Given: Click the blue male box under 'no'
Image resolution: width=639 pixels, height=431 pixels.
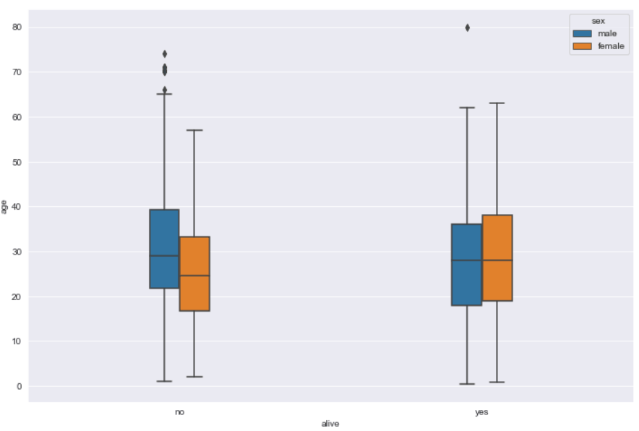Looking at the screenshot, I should coord(164,249).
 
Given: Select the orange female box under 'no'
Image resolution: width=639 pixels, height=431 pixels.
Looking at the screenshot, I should coord(194,273).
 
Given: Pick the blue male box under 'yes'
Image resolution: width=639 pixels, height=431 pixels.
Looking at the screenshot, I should coord(466,265).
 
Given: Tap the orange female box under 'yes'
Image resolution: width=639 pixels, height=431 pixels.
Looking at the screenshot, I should coord(497,257).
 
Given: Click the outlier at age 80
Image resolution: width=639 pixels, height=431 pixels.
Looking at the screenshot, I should coord(467,27).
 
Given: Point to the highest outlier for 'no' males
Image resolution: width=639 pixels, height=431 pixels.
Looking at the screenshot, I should coord(165,54).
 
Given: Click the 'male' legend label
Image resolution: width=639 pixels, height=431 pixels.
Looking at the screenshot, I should coord(607,33).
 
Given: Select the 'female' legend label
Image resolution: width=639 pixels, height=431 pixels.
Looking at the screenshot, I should coord(610,46).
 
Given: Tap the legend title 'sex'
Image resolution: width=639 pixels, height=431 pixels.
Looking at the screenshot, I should coord(598,21).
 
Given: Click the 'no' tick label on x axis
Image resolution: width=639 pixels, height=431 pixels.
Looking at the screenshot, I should coord(179,412).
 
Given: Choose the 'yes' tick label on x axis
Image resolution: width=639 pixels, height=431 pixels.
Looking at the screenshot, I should coord(481,412).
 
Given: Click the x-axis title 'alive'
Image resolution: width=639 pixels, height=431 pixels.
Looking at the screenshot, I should coord(330,424).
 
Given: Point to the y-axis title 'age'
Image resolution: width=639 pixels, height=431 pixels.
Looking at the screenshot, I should coord(5,207).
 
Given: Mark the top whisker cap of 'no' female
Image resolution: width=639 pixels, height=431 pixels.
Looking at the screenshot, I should coord(194,130).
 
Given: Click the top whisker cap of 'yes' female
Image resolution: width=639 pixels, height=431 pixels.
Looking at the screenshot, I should coord(497,103).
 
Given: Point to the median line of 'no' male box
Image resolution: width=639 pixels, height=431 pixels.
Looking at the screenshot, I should coord(164,256).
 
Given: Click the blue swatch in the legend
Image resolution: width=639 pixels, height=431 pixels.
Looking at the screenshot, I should coord(582,33).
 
